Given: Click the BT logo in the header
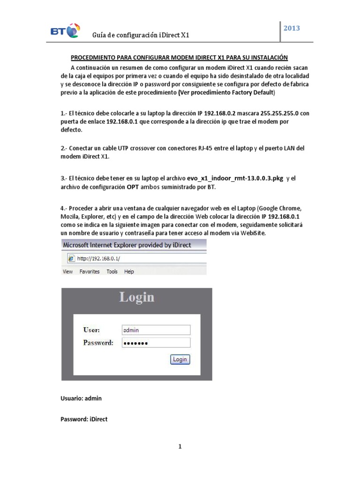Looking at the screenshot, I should click(x=64, y=31).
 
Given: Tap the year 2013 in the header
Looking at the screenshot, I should click(x=292, y=28).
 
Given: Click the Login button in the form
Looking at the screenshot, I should click(x=180, y=360).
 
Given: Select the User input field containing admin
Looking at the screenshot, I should click(x=156, y=330).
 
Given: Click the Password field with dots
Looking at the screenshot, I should click(x=156, y=343).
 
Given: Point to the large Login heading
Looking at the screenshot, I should click(x=136, y=297).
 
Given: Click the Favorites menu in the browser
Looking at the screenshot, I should click(x=90, y=271).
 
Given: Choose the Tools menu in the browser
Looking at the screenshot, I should click(x=112, y=271).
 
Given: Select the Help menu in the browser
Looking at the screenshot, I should click(x=129, y=271).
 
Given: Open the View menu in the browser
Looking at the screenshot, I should click(x=67, y=271).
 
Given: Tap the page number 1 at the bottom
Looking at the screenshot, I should click(x=180, y=447).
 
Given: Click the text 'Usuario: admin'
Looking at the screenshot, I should click(x=81, y=398).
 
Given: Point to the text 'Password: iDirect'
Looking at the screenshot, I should click(x=84, y=419).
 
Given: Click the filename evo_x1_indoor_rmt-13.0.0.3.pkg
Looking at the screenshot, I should click(x=235, y=179).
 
